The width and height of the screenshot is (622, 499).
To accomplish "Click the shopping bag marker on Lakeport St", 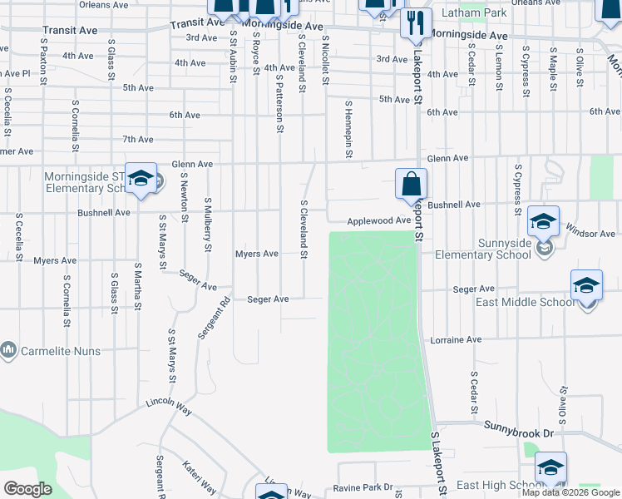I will tap(412, 184).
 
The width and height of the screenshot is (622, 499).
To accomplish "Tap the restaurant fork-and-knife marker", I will tap(415, 24).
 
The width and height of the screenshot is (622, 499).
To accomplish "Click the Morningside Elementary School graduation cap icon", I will tap(141, 178).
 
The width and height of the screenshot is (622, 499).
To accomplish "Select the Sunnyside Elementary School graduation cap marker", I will tap(544, 222).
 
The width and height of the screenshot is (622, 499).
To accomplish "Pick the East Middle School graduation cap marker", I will tap(586, 286).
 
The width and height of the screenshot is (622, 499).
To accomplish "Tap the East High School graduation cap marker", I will tap(550, 468).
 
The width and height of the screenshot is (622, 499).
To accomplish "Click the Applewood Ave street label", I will tap(379, 220).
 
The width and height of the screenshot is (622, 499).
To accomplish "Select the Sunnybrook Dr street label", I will tap(519, 424).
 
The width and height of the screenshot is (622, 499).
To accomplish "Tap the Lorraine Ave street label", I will tap(456, 339).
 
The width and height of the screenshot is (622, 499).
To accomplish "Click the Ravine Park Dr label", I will tap(363, 487).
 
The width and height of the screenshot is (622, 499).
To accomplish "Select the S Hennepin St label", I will tap(349, 130).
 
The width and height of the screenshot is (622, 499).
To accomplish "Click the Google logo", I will tap(28, 489).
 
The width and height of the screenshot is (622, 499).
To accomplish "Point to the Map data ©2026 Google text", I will tap(570, 493).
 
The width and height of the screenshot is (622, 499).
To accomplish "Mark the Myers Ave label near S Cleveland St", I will tap(257, 254).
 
